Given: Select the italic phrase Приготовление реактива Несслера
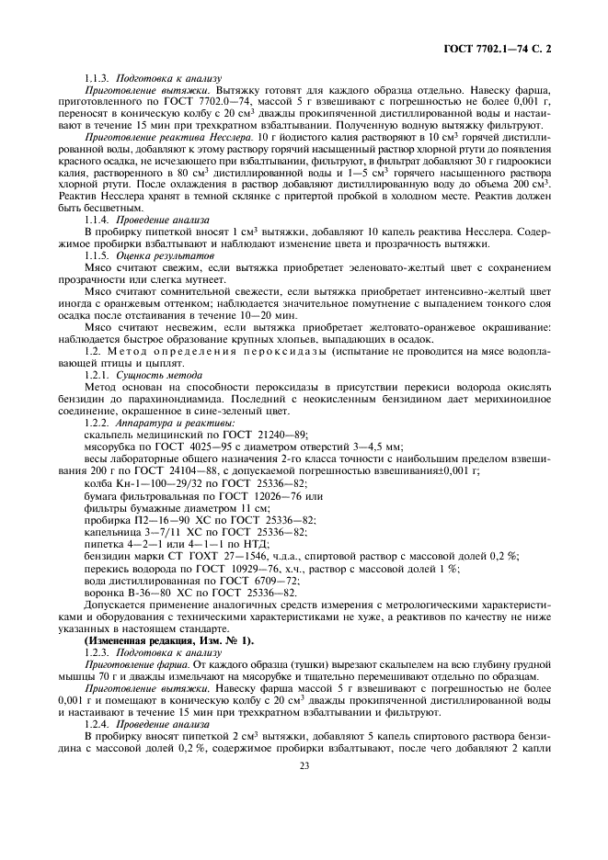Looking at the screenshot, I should pyautogui.click(x=147, y=135).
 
